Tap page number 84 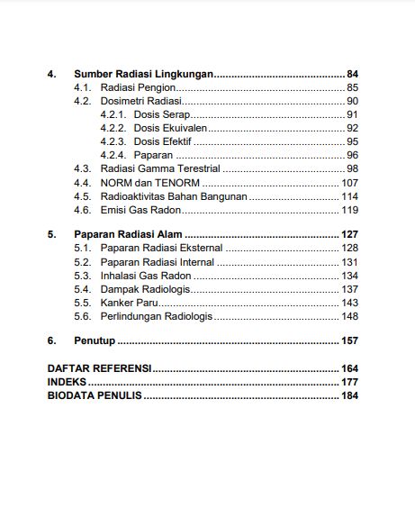pos(352,74)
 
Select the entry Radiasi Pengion pos(137,87)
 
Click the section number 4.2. pos(83,101)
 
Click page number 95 pos(352,141)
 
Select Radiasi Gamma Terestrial pos(160,168)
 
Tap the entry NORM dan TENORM pos(149,182)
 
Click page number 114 pos(349,195)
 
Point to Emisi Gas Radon pos(140,210)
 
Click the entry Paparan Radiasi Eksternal pos(161,248)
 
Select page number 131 pos(349,261)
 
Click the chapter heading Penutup pos(95,340)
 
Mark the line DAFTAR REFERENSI pos(99,368)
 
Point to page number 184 pos(349,395)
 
